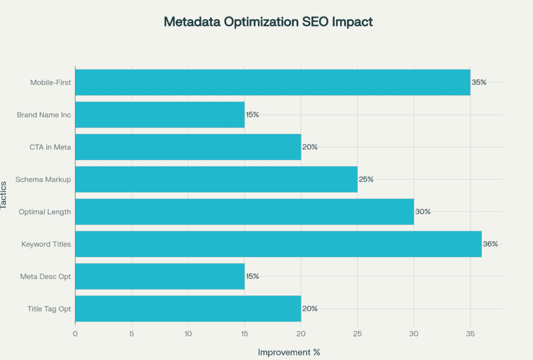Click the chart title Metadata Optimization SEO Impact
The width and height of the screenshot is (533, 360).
pos(268,22)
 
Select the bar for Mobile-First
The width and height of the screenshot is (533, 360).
pos(272,82)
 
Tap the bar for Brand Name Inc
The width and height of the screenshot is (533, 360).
pos(160,115)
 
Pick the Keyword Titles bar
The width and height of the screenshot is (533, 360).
pos(278,244)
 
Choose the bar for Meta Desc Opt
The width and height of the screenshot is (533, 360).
pos(160,276)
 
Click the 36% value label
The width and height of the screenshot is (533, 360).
pos(490,244)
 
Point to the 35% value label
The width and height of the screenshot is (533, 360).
pos(479,82)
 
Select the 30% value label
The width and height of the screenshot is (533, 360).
pos(423,212)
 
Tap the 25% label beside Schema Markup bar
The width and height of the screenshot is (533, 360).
pos(366,179)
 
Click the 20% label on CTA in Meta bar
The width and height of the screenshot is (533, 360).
pos(310,147)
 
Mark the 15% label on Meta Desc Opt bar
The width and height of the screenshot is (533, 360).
pos(253,276)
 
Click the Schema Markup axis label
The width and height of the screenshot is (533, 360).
pos(43,179)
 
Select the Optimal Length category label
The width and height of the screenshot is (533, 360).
pos(45,212)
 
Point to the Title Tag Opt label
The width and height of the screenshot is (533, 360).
pos(49,308)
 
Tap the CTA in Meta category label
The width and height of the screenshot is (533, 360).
pos(50,147)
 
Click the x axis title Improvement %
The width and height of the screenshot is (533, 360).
pos(289,352)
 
